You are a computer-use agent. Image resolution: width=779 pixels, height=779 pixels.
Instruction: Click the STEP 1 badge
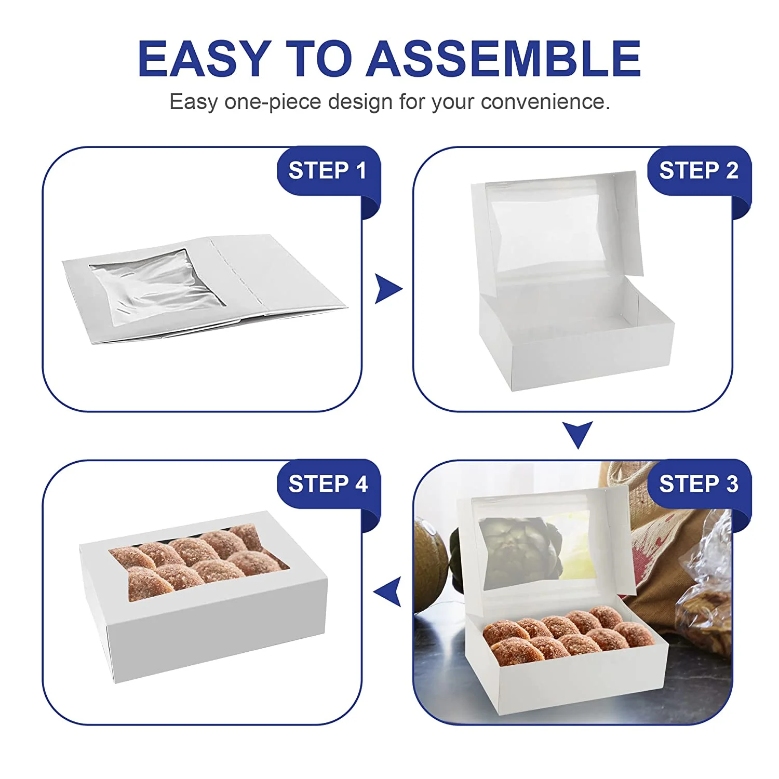tap(327, 171)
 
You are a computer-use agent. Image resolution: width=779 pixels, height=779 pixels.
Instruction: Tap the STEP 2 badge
tap(698, 171)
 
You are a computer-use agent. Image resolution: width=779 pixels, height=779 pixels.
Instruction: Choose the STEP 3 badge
tap(698, 484)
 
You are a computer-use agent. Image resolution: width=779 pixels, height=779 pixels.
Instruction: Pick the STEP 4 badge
tap(327, 484)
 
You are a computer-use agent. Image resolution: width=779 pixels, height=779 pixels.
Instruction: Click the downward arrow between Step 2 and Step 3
tap(577, 434)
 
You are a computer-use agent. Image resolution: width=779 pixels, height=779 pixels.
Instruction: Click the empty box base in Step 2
tap(576, 348)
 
